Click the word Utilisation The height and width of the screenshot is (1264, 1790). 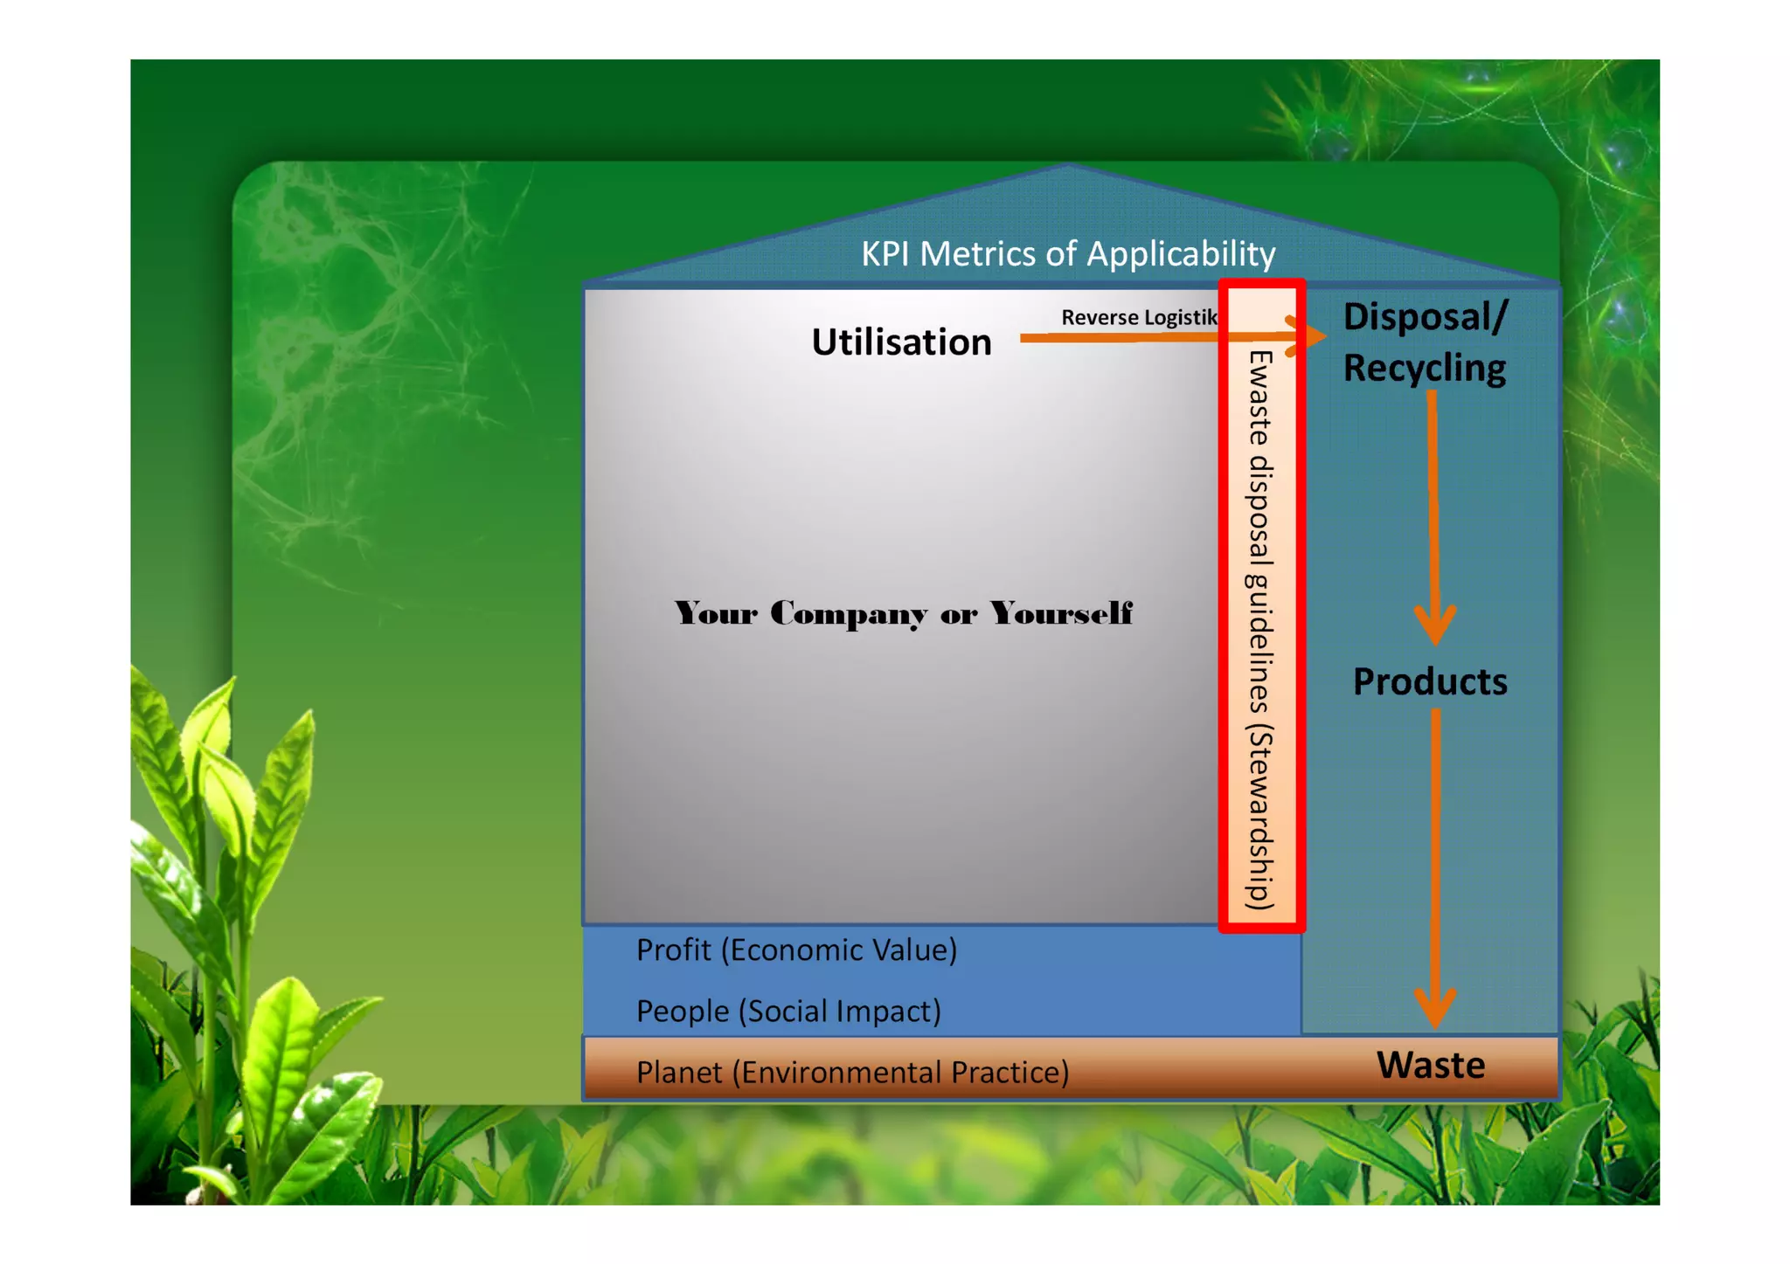[x=901, y=342]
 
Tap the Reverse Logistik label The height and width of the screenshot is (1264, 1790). [x=1139, y=317]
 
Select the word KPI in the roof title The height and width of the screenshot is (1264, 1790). [x=886, y=253]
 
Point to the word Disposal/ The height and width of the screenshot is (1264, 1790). [x=1425, y=316]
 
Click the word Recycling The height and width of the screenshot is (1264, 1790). [x=1425, y=368]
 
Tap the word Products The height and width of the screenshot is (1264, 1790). [x=1430, y=681]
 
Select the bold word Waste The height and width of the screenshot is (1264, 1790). [x=1431, y=1065]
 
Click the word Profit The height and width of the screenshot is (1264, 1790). [x=673, y=950]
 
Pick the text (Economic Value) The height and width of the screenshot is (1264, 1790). [x=839, y=950]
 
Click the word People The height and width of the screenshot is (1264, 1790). [x=682, y=1011]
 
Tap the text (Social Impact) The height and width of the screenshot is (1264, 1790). [x=840, y=1011]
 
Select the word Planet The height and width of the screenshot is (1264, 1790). [x=679, y=1072]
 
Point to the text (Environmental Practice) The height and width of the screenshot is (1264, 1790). [x=900, y=1072]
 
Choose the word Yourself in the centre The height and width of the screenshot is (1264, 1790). [x=1061, y=613]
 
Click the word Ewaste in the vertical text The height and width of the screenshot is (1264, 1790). [x=1259, y=397]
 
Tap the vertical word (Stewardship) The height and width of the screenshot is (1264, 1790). [x=1259, y=817]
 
